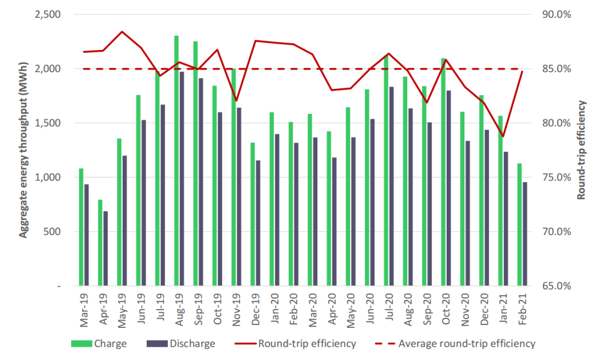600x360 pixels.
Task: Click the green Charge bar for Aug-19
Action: click(x=176, y=161)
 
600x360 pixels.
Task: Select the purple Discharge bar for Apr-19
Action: click(x=106, y=248)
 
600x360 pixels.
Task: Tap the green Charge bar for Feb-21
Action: click(x=519, y=224)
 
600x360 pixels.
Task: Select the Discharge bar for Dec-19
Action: click(x=257, y=223)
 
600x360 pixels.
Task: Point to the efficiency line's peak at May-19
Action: click(x=122, y=32)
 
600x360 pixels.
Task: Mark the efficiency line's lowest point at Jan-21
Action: click(x=503, y=136)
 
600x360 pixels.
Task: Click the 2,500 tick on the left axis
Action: click(x=49, y=14)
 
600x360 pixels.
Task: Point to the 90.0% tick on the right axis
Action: click(x=556, y=14)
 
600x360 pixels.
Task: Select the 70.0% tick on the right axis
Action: click(x=556, y=232)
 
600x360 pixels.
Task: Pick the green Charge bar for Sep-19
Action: click(x=196, y=163)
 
